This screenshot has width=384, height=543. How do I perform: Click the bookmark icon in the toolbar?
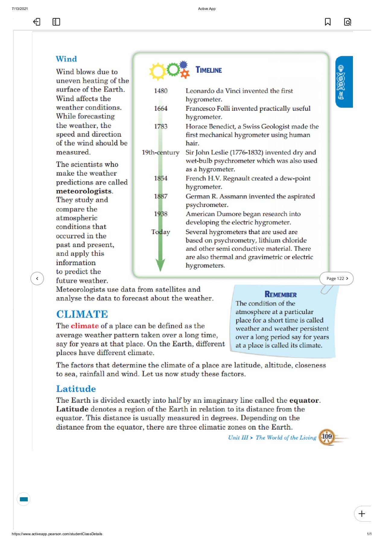(x=328, y=22)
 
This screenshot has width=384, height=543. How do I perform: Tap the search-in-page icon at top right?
(x=348, y=22)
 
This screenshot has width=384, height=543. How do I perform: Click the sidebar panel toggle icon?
(x=56, y=22)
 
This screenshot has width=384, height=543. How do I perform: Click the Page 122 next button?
(x=336, y=278)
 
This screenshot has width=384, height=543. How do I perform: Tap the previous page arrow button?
(x=37, y=278)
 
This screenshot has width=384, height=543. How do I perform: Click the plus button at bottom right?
(x=362, y=513)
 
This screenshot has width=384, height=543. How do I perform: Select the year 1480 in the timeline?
(x=160, y=91)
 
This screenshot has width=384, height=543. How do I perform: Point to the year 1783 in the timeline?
(x=160, y=126)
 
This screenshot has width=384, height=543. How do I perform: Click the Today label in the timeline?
(x=160, y=232)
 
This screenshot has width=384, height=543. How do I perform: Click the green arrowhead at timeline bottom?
(x=160, y=265)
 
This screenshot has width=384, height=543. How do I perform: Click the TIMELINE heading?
(x=208, y=70)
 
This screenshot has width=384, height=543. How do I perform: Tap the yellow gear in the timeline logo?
(x=157, y=71)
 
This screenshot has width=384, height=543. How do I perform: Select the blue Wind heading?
(x=66, y=59)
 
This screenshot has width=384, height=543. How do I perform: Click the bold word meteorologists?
(x=84, y=191)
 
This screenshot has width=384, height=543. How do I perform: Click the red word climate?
(x=85, y=326)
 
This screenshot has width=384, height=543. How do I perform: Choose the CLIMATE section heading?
(x=82, y=314)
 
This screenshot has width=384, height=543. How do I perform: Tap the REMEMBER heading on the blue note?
(x=281, y=294)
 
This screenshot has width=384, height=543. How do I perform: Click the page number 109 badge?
(x=327, y=437)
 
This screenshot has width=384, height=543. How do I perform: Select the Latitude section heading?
(x=76, y=389)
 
